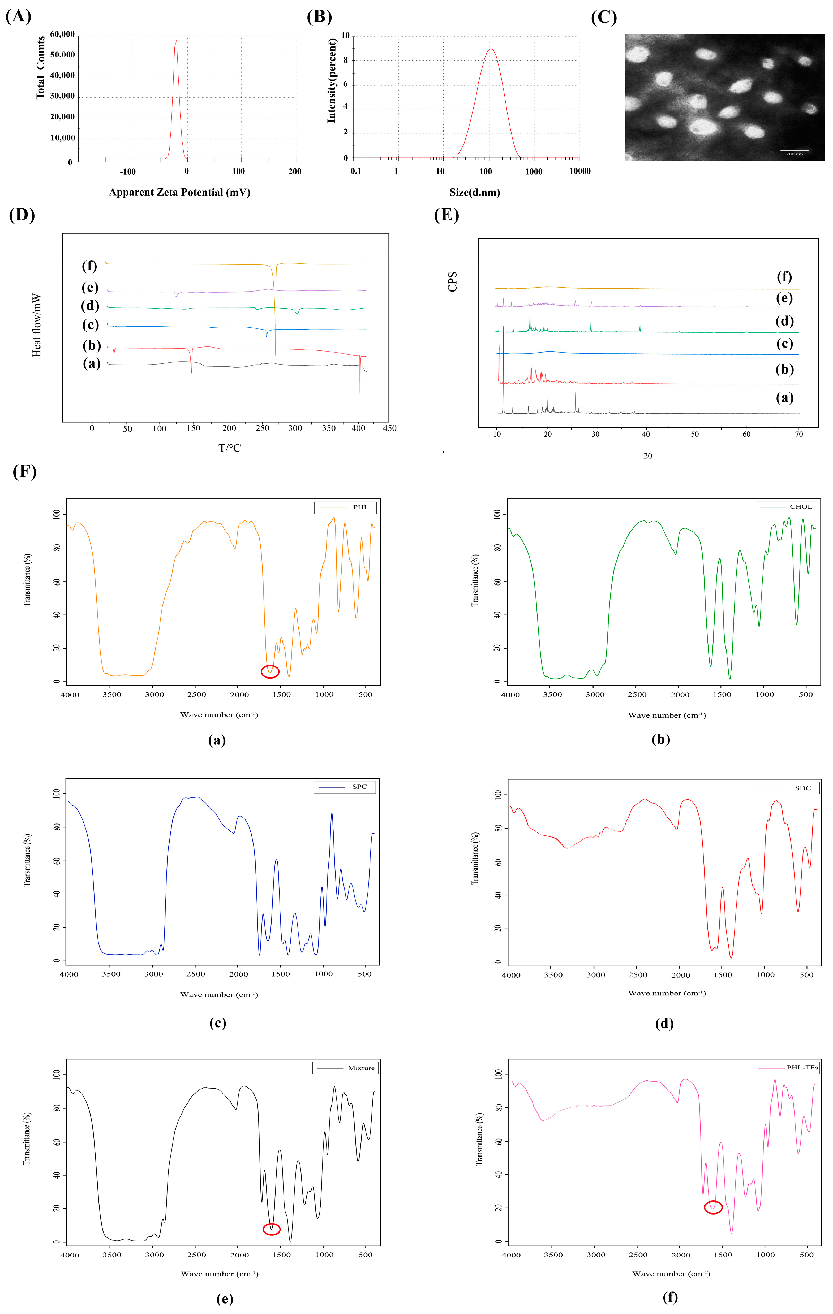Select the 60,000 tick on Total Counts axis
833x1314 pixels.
click(62, 34)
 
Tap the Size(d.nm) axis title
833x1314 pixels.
click(474, 192)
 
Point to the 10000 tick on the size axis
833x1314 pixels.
click(580, 171)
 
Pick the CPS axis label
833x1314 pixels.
click(453, 281)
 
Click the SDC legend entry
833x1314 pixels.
click(787, 788)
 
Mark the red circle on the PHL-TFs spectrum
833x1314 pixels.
click(713, 1207)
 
